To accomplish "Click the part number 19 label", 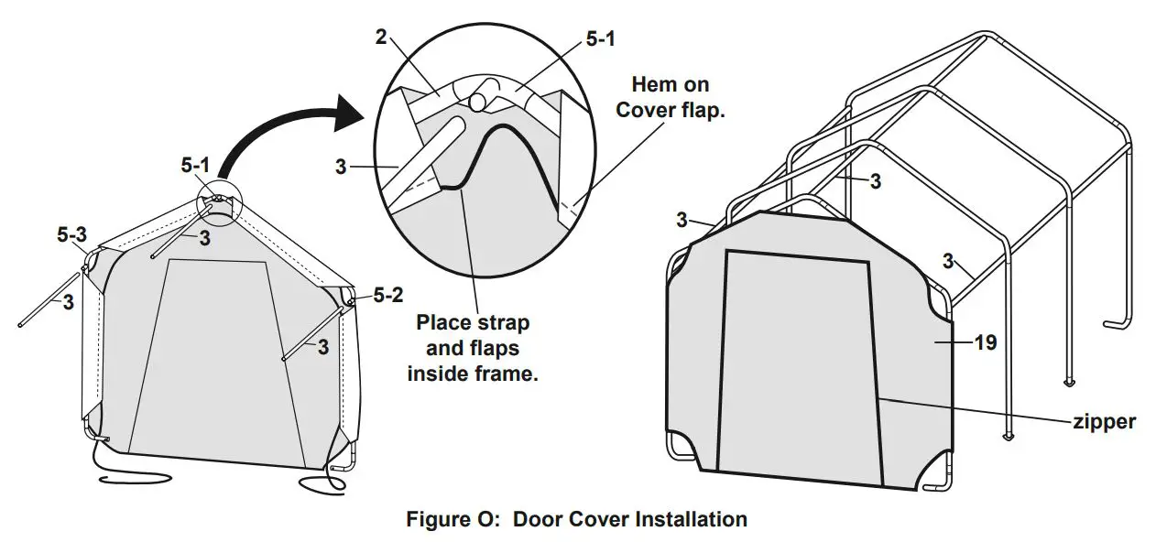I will [x=986, y=342].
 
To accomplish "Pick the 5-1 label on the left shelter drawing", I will [x=195, y=165].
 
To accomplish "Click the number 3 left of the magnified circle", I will [x=341, y=168].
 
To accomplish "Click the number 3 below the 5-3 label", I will [x=68, y=302].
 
